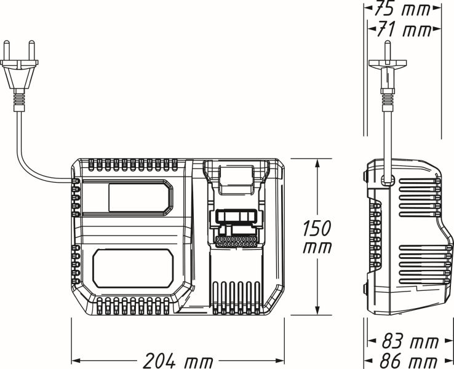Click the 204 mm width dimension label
(x=178, y=360)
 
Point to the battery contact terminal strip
(x=236, y=242)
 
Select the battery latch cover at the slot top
(x=236, y=176)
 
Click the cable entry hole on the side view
(x=386, y=179)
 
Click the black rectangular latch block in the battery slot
(x=236, y=217)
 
